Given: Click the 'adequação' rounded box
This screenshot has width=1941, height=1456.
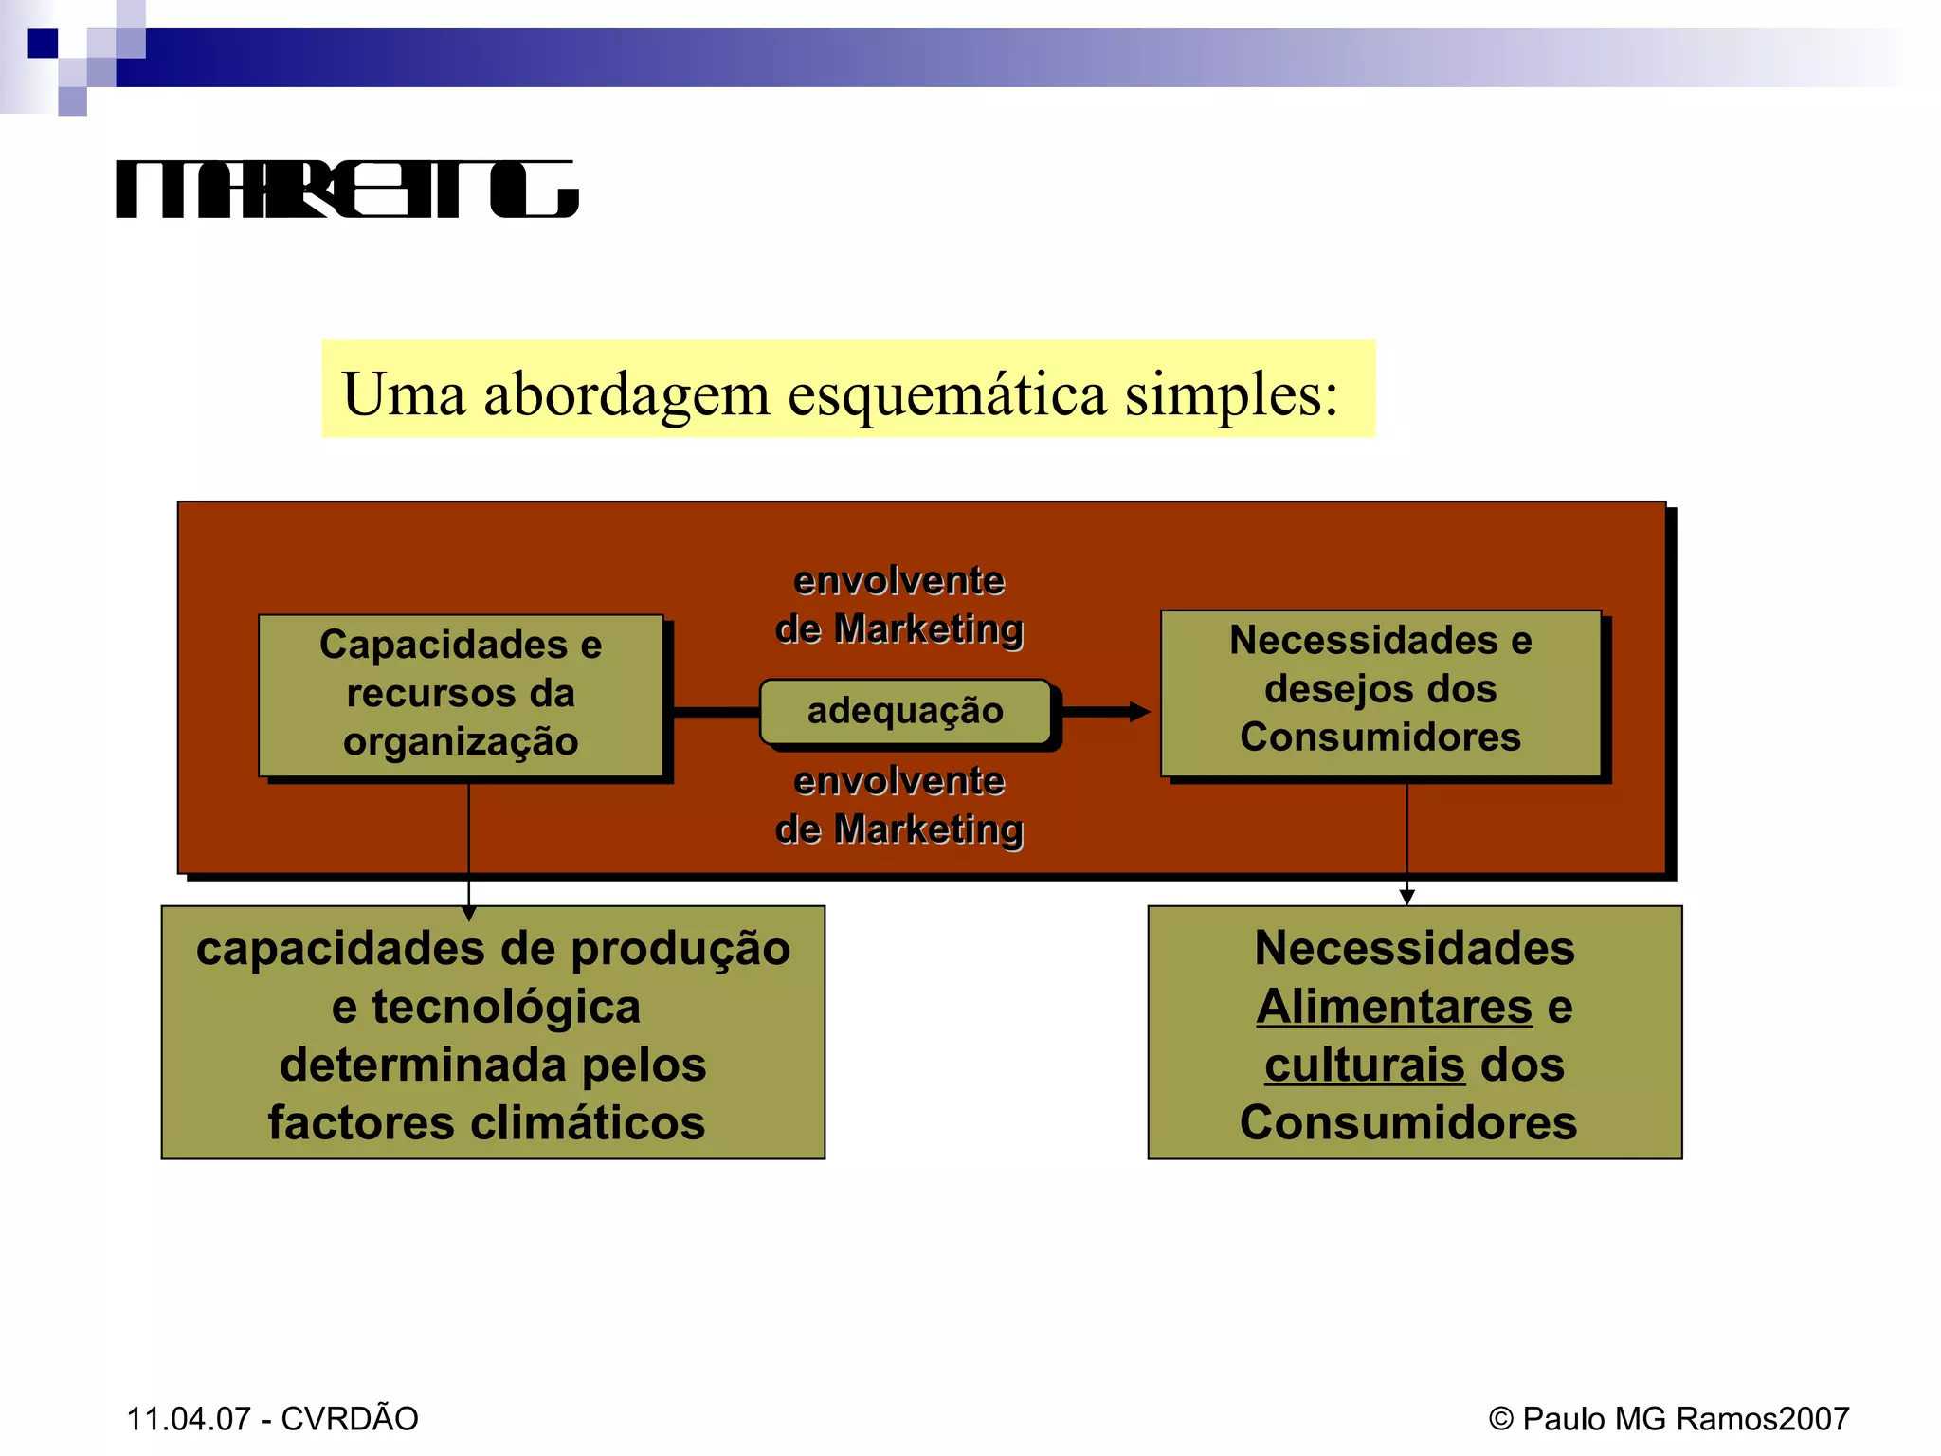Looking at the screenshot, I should [x=905, y=711].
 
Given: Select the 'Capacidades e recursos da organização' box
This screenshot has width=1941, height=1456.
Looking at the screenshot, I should [x=461, y=694].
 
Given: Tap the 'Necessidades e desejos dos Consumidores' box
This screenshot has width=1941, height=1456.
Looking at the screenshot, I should [x=1380, y=690].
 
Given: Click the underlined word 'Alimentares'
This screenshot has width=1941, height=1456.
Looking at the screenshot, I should [x=1394, y=1007].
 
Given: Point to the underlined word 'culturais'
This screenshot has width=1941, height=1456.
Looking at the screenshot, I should [x=1365, y=1065].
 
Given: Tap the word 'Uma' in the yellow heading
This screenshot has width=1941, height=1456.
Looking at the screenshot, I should [x=404, y=394].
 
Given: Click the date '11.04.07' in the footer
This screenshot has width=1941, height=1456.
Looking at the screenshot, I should [x=189, y=1419].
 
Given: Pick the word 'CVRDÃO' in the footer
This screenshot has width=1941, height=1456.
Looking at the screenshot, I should [x=350, y=1418].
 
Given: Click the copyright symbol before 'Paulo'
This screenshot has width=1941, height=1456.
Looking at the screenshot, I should [x=1501, y=1419].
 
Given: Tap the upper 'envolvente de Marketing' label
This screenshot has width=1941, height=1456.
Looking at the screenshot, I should [x=898, y=605].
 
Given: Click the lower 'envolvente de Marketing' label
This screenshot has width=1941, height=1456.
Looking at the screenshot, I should [x=898, y=805].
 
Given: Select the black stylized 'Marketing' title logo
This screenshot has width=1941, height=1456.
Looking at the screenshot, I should [x=347, y=190].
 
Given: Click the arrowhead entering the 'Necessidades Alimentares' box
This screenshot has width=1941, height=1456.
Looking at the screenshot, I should [x=1406, y=896].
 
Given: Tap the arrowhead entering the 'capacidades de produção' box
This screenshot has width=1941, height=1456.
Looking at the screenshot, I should [x=469, y=912].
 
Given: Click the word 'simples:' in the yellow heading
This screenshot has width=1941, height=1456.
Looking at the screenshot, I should [x=1231, y=394].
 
